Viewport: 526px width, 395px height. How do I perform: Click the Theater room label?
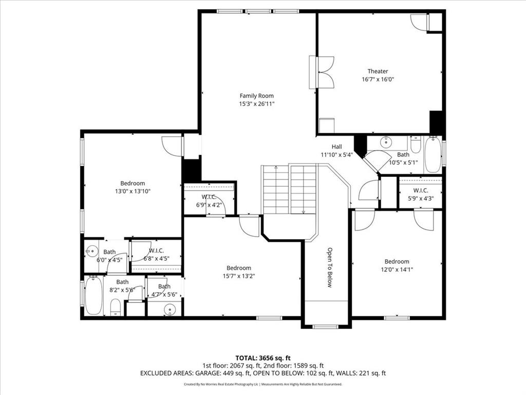pyautogui.click(x=378, y=71)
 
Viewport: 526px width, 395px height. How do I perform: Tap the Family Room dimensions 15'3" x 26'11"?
pyautogui.click(x=256, y=103)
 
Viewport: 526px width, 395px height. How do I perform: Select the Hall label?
pyautogui.click(x=336, y=147)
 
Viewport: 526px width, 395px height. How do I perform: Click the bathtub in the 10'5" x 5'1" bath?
pyautogui.click(x=433, y=154)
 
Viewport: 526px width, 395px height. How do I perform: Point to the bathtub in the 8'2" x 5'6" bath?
pyautogui.click(x=93, y=295)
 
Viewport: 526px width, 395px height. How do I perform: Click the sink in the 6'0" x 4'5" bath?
pyautogui.click(x=92, y=252)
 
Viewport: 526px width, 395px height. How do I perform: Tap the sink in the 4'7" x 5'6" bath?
pyautogui.click(x=170, y=309)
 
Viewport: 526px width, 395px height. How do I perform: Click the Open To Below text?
pyautogui.click(x=330, y=267)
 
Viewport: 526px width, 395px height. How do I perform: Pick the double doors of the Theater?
pyautogui.click(x=326, y=73)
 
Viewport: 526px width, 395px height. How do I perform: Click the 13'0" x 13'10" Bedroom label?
pyautogui.click(x=133, y=183)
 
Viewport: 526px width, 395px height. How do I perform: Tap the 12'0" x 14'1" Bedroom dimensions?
pyautogui.click(x=397, y=269)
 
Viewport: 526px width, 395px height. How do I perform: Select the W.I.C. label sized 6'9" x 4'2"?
pyautogui.click(x=209, y=197)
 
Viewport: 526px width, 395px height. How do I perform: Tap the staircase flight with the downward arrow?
pyautogui.click(x=303, y=189)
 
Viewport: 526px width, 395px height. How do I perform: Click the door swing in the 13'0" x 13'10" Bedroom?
pyautogui.click(x=172, y=146)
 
